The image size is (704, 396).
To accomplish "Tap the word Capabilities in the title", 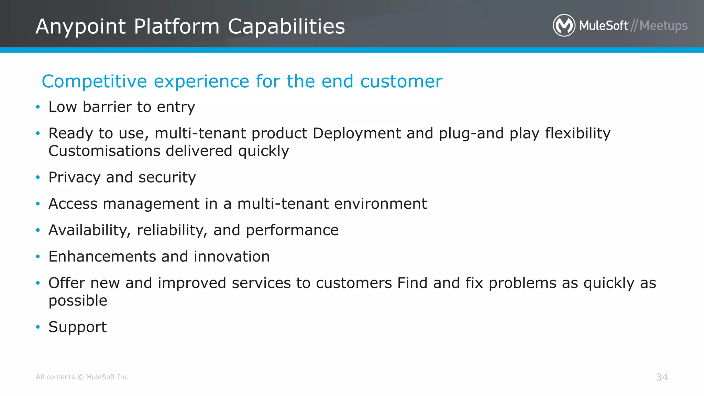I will pos(286,27).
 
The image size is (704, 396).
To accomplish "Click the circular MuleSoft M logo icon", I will pos(564,25).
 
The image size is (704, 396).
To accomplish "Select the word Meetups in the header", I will pos(663,26).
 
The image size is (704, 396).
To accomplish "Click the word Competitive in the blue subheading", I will pos(94,82).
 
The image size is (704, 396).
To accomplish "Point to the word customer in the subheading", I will pos(401,82).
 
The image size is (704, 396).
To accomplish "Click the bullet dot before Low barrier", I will pos(38,107).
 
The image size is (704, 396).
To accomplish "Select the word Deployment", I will pos(356,133).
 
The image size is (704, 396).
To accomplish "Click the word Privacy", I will pos(74,178).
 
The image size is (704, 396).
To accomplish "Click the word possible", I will pos(78,301).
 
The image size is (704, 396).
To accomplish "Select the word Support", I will pos(77,327).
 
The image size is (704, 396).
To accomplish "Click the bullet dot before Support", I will pos(38,327).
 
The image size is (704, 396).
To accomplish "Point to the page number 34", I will pos(662,377).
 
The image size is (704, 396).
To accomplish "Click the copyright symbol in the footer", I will pos(80,377).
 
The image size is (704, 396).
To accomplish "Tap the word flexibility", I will pos(577,133).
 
